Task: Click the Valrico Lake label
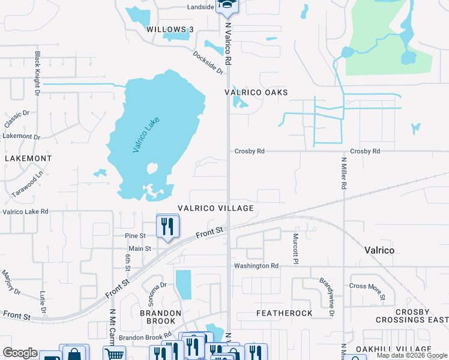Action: [142, 135]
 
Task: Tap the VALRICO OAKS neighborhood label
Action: [256, 92]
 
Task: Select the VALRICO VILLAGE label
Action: [215, 208]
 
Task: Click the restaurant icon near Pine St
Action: [167, 226]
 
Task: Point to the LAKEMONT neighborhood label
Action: [28, 158]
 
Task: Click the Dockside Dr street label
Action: [208, 62]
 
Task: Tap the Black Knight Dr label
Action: [37, 73]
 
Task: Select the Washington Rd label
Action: [256, 266]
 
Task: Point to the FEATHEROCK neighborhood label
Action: [285, 313]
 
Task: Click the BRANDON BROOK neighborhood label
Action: [160, 317]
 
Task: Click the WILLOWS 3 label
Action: [170, 29]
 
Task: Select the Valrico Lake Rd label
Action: [25, 212]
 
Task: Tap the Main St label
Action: [139, 248]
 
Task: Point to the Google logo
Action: [20, 353]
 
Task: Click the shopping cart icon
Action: [113, 354]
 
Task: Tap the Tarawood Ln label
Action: [28, 184]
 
